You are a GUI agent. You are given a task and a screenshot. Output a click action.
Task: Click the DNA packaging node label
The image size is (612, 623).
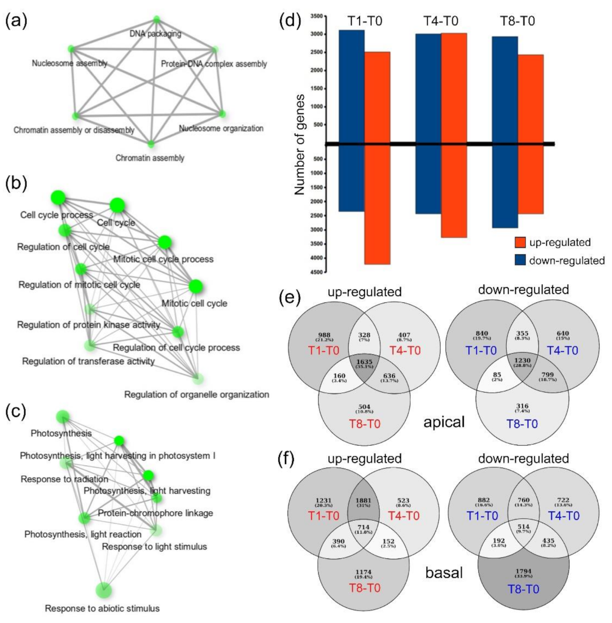[x=155, y=34]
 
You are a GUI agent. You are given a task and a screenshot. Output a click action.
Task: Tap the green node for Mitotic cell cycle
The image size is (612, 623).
[x=195, y=286]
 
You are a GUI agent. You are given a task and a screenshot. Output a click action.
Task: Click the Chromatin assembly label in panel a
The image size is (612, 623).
[x=150, y=158]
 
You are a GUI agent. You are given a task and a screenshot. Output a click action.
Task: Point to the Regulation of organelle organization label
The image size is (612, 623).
[x=196, y=394]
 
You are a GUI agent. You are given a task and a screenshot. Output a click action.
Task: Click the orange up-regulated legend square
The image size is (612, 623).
[x=520, y=243]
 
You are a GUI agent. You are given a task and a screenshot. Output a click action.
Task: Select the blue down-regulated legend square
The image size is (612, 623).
[x=520, y=260]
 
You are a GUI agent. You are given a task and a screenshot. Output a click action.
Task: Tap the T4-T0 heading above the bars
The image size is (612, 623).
[x=441, y=21]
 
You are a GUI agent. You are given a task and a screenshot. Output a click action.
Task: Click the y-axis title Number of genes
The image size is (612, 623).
[x=300, y=144]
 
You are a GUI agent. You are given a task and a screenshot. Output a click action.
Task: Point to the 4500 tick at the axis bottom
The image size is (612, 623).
[x=316, y=272]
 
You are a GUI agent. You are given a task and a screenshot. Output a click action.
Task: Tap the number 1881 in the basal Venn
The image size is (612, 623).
[x=364, y=500]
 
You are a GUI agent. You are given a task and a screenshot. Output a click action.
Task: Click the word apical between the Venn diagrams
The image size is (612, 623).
[x=444, y=422]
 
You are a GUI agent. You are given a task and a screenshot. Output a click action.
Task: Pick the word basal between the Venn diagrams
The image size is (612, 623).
[x=444, y=572]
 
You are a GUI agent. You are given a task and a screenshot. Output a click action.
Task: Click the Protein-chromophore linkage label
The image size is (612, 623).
[x=155, y=513]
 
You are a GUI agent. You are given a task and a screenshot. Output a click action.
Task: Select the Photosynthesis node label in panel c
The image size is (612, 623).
[x=61, y=433]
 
